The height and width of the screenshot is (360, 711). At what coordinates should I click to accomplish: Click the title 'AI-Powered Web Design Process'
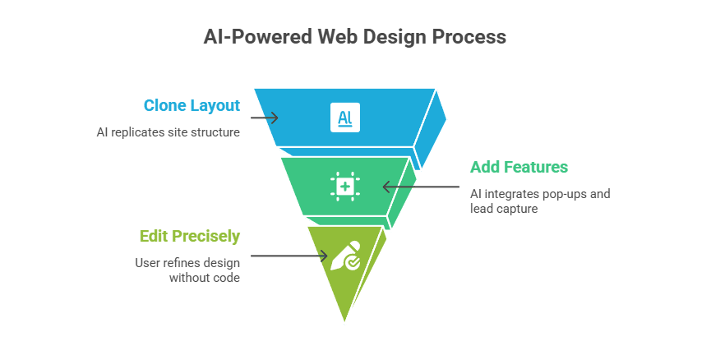(x=355, y=37)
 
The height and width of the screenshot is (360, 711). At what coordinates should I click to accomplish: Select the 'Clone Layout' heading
(x=192, y=105)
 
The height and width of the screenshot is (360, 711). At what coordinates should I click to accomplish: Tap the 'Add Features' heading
(x=518, y=168)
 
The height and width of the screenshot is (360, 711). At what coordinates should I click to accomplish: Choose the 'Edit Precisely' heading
(x=190, y=237)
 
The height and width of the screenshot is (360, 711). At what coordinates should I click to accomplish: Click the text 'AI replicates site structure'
(x=168, y=132)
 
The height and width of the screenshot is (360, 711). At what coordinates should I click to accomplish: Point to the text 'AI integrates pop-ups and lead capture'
(x=539, y=201)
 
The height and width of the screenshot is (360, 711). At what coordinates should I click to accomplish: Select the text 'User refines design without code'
(x=187, y=270)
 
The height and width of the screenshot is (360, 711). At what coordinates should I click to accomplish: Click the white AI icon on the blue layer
(x=344, y=117)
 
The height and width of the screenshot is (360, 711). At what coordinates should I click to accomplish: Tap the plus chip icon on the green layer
(x=344, y=187)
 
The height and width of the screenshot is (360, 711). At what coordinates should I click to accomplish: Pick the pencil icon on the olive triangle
(x=344, y=256)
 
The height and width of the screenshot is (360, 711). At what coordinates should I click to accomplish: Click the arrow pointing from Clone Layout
(x=265, y=118)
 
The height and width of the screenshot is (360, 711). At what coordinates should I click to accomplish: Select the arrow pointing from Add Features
(x=421, y=187)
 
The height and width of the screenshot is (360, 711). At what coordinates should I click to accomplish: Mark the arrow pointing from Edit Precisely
(x=289, y=256)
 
